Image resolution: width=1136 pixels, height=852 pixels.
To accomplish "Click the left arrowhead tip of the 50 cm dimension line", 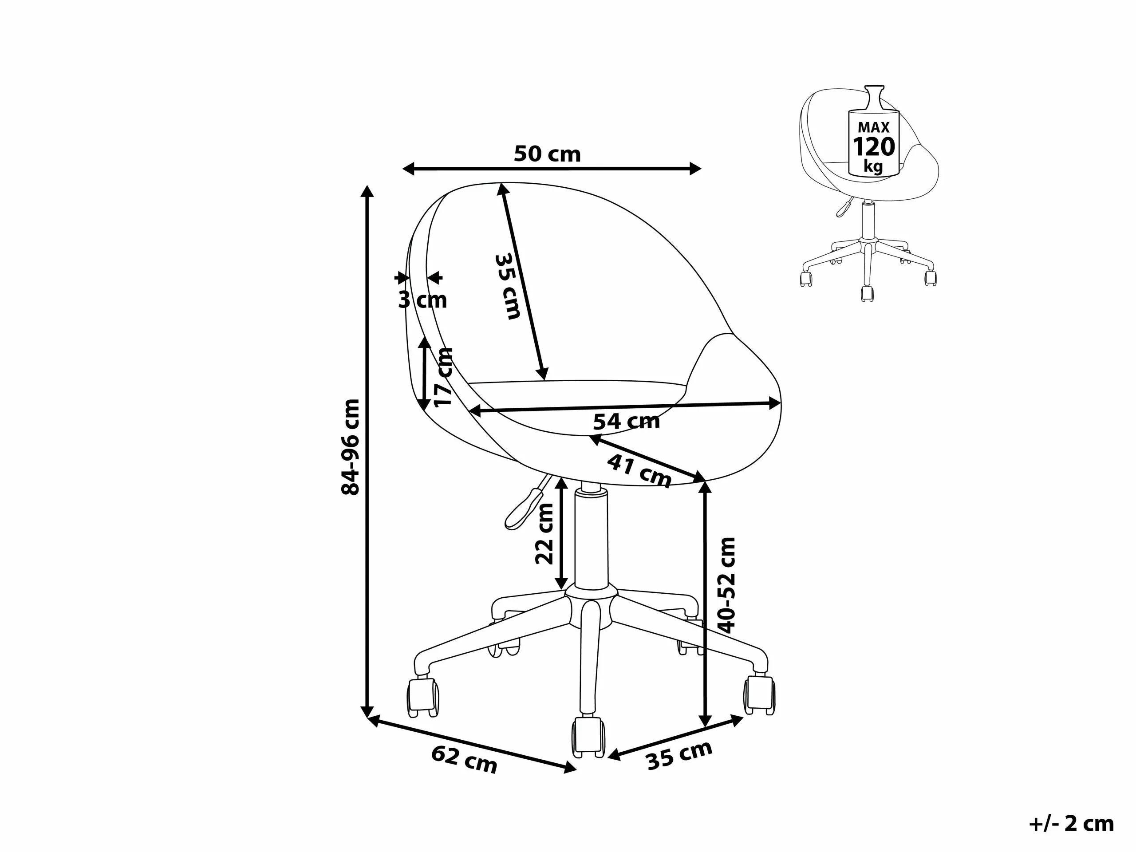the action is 402,169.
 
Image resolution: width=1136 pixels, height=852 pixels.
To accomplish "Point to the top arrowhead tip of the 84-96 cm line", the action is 367,185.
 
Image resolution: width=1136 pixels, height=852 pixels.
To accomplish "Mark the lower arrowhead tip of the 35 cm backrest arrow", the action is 544,381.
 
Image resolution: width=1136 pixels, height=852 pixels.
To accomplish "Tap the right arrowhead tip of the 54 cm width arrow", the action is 781,402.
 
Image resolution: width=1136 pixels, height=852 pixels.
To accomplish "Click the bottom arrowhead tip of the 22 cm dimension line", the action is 561,590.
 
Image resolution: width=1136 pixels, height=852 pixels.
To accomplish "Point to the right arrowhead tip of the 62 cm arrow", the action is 577,769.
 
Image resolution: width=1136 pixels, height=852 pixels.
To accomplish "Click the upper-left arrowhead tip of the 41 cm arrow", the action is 589,436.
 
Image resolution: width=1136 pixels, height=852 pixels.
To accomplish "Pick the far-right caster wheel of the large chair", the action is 760,695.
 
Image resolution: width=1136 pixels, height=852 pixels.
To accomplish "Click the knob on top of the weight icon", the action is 874,97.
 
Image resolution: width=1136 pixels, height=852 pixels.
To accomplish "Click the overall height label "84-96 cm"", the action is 351,447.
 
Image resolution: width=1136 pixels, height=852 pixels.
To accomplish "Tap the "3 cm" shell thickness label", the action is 422,300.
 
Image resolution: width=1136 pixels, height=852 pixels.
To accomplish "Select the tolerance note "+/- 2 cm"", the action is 1072,823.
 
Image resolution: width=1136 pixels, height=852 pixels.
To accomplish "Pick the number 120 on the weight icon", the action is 874,147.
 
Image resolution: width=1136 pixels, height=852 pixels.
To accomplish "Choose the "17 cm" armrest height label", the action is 443,377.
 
